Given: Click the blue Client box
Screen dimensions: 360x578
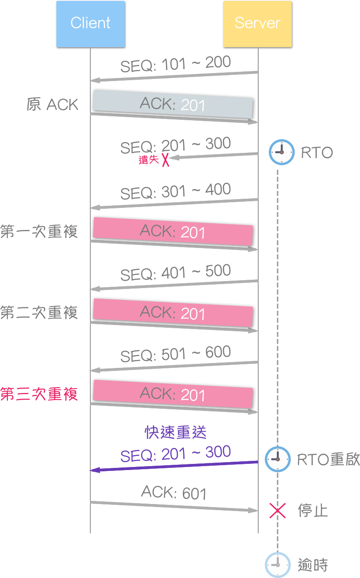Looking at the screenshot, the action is (x=90, y=24).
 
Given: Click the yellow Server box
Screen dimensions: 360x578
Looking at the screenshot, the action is (x=257, y=24).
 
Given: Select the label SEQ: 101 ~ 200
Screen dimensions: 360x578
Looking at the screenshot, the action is (x=175, y=64).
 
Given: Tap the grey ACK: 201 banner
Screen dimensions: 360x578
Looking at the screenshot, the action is (x=173, y=104).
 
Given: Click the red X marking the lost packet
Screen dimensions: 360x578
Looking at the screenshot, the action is (x=165, y=159).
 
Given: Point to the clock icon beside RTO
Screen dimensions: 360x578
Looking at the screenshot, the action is (x=282, y=152).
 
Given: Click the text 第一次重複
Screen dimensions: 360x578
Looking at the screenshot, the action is (x=39, y=232).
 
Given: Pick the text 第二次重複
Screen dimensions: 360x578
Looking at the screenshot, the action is (x=39, y=313).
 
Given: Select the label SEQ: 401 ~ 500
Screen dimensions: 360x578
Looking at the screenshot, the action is (x=175, y=273).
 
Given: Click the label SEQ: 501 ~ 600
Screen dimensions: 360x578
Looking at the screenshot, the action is (x=175, y=354).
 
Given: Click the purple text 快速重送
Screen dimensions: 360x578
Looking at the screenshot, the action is (x=176, y=433).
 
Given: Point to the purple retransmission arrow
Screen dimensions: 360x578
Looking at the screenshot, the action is (x=174, y=466).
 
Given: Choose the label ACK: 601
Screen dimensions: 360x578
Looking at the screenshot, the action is (x=174, y=493).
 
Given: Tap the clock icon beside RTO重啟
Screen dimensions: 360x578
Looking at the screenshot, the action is (x=278, y=459).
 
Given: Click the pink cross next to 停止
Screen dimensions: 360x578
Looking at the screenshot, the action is (x=278, y=511).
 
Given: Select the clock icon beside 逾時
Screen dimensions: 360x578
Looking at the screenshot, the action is (x=278, y=565).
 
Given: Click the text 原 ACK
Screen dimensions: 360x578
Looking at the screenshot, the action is (x=52, y=105).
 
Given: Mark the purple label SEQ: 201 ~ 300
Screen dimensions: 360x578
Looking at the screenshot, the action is (x=175, y=454).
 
